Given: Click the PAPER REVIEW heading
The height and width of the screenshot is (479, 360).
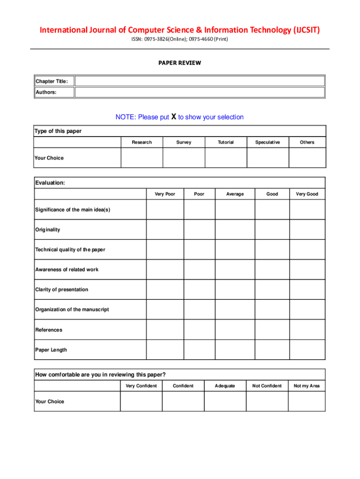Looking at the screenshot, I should click(180, 63).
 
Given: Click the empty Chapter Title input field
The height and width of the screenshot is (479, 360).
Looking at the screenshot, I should click(200, 81).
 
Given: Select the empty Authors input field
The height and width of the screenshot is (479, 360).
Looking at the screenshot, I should click(200, 92).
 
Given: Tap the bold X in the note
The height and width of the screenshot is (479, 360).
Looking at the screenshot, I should click(173, 116).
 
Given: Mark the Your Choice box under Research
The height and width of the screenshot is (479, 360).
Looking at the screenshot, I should click(142, 158).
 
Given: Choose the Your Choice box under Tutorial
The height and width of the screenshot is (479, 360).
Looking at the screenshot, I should click(226, 158).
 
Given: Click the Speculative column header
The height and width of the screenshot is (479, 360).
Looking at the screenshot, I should click(267, 142).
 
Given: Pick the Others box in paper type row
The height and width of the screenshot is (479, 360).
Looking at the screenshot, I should click(307, 158).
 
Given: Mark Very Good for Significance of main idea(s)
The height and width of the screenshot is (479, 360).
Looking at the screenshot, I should click(307, 210).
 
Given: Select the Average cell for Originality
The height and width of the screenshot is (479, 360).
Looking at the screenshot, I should click(235, 230).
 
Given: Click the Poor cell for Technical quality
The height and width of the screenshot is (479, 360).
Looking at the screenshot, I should click(199, 250).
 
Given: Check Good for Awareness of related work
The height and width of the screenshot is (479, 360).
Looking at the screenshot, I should click(272, 269).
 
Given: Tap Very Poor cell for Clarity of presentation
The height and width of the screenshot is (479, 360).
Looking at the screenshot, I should click(165, 290).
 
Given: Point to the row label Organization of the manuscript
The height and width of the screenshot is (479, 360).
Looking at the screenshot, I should click(72, 310).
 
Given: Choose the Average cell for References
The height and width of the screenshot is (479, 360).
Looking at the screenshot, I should click(235, 330).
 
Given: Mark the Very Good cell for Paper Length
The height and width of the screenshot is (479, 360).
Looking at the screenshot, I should click(307, 350).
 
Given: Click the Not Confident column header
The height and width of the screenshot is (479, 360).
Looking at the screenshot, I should click(267, 386).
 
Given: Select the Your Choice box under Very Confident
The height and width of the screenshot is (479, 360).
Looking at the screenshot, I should click(141, 401).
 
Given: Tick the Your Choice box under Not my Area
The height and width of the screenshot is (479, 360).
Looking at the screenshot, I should click(307, 401).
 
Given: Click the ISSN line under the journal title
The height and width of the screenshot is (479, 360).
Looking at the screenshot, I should click(180, 39).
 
